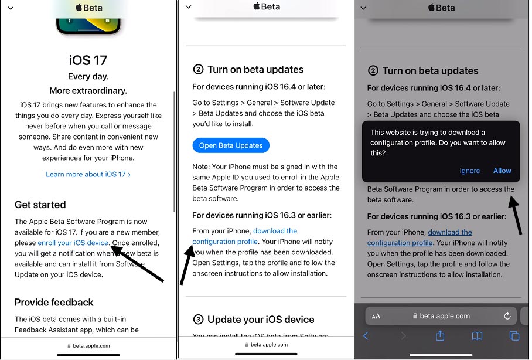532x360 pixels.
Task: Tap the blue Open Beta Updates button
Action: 231,145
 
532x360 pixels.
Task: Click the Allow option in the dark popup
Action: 502,171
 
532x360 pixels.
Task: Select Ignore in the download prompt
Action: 469,171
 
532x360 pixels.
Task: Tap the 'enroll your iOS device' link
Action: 73,243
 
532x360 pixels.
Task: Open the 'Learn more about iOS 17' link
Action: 88,174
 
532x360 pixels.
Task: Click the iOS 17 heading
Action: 88,60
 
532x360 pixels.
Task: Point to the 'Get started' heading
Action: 40,205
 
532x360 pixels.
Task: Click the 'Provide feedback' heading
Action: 53,303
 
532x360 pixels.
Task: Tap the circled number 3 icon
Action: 198,319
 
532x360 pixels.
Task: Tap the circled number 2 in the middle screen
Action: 198,69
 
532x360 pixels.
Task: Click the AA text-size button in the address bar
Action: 376,316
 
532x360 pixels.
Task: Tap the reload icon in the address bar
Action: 507,316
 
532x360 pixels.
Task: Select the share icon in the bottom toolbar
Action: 440,335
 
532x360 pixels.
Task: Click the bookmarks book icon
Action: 477,336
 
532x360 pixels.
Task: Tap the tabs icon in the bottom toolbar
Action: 514,336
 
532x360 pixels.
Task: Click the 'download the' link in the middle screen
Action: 275,231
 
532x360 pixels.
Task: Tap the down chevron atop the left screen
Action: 11,8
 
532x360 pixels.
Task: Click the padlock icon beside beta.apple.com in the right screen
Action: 415,316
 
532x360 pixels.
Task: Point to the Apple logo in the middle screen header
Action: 257,6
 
